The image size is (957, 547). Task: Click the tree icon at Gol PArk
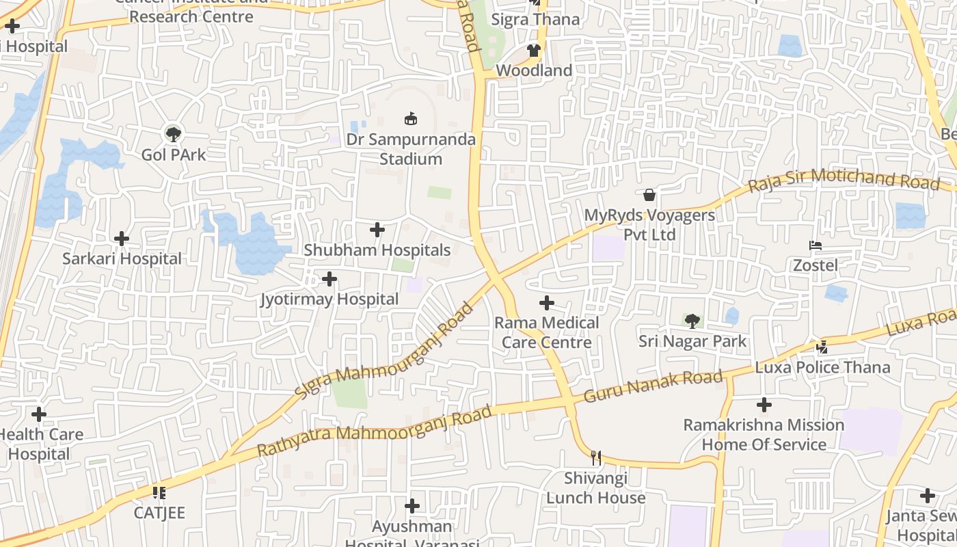pos(174,133)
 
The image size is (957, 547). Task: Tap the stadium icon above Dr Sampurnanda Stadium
pos(411,119)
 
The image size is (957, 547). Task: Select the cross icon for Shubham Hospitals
pos(377,230)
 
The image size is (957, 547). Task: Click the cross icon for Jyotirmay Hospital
pos(329,279)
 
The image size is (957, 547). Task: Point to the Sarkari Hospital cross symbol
pos(122,239)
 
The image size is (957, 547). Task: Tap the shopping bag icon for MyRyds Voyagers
pos(649,196)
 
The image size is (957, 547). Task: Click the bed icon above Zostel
pos(815,245)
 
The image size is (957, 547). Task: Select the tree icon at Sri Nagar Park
pos(692,321)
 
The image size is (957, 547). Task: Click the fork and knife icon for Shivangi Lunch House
pos(596,457)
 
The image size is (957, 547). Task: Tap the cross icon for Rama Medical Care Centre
pos(547,302)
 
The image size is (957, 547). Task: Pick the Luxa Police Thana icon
pos(822,347)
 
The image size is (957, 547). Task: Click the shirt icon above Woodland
pos(534,51)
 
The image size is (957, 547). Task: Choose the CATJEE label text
pos(159,513)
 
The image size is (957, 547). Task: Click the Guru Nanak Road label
pos(653,386)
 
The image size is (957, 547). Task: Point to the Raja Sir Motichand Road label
pos(844,180)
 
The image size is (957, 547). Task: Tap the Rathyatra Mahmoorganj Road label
pos(374,431)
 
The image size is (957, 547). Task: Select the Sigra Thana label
pos(535,20)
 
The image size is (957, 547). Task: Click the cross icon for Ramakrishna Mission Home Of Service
pos(764,405)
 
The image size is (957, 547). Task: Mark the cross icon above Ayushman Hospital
pos(412,506)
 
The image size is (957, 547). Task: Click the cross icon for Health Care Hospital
pos(39,414)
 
